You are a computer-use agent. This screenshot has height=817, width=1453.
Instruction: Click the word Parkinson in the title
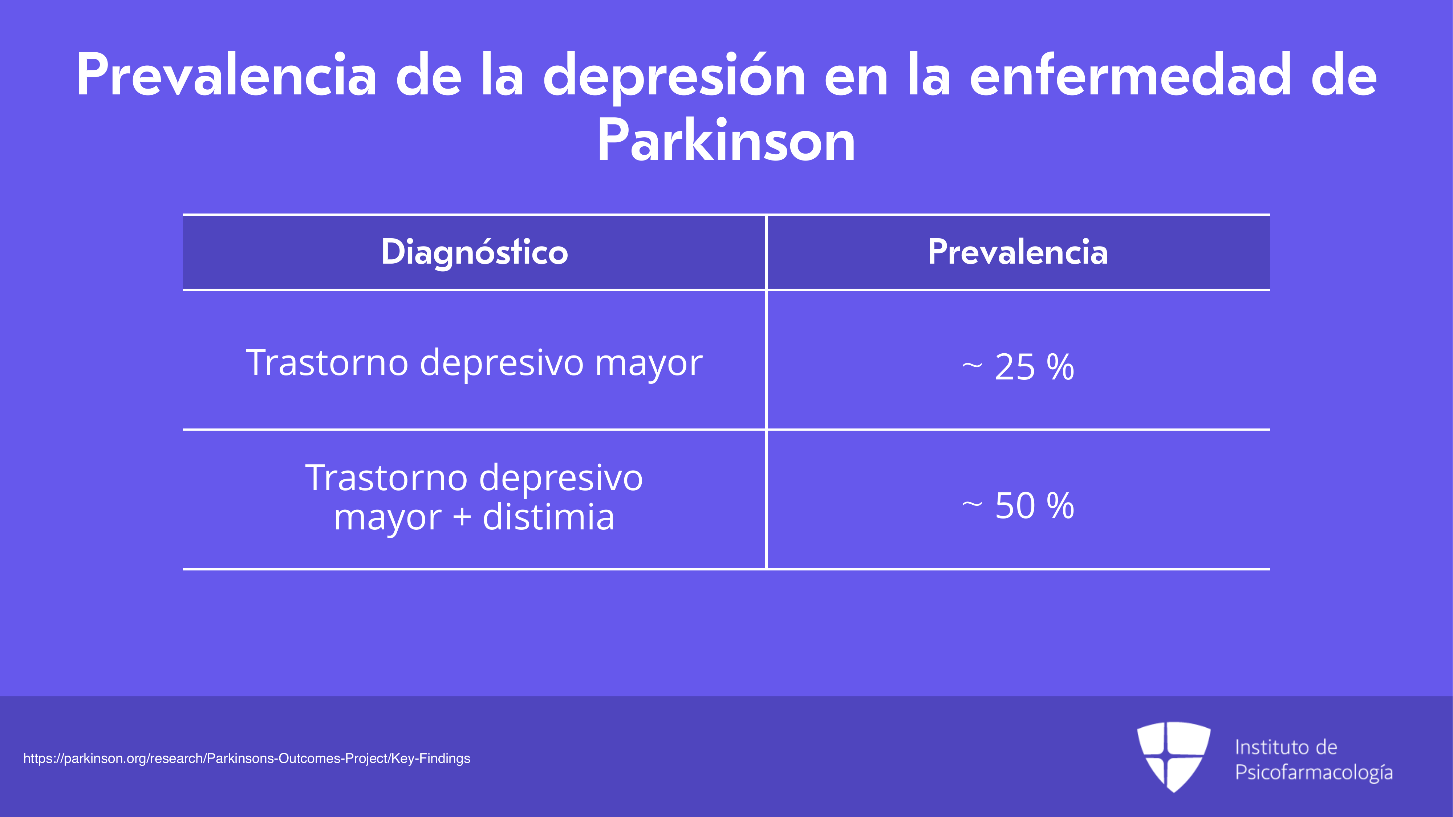tap(726, 141)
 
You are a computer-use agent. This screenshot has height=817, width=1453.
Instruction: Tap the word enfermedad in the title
tap(1131, 75)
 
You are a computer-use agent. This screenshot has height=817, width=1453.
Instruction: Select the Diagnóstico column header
tap(474, 252)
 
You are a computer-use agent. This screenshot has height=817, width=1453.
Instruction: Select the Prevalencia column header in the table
tap(1018, 252)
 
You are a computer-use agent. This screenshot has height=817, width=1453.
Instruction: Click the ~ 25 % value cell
tap(1018, 366)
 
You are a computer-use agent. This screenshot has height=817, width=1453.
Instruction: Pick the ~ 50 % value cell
tap(1018, 505)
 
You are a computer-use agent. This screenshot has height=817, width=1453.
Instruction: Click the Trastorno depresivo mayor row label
tap(474, 363)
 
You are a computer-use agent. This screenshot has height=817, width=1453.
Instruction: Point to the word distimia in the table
tap(548, 516)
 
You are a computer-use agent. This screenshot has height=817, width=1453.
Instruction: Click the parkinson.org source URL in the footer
tap(247, 759)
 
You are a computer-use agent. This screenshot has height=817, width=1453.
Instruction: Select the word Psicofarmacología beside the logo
tap(1314, 772)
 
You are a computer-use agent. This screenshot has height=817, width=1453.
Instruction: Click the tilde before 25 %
tap(972, 366)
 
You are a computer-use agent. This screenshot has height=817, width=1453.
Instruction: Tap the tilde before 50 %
tap(972, 505)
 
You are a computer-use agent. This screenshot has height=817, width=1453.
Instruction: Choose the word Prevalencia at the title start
tap(227, 75)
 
